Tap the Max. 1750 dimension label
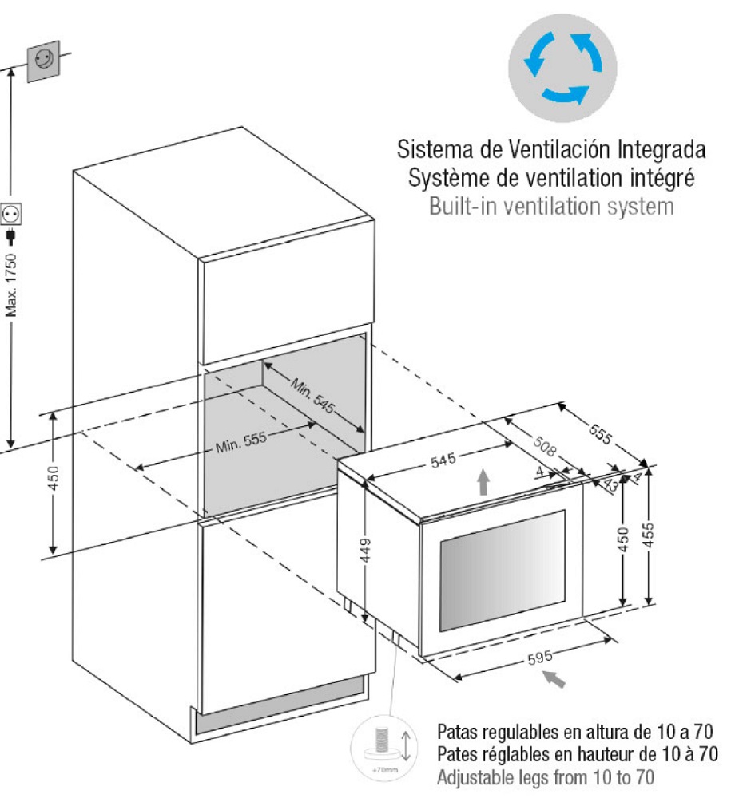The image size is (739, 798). pyautogui.click(x=11, y=284)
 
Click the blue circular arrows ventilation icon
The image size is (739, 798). pyautogui.click(x=562, y=67)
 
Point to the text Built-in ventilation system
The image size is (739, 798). pyautogui.click(x=551, y=207)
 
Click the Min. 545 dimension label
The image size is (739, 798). pyautogui.click(x=312, y=393)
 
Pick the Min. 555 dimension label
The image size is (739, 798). pyautogui.click(x=240, y=442)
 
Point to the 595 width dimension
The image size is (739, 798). pyautogui.click(x=541, y=659)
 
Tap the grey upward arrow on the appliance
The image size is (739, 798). pyautogui.click(x=483, y=483)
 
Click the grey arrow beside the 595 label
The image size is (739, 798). pyautogui.click(x=556, y=678)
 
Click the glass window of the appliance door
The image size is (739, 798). pyautogui.click(x=502, y=570)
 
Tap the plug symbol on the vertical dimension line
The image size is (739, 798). pyautogui.click(x=11, y=237)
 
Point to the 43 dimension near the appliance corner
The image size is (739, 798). pyautogui.click(x=611, y=483)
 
